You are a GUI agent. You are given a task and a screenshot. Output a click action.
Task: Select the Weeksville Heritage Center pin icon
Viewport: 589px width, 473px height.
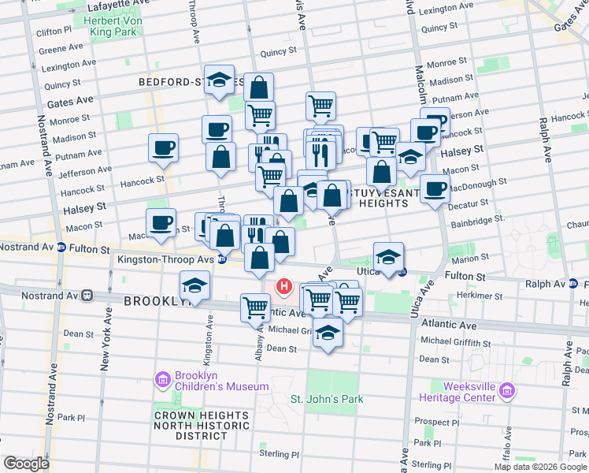pyautogui.click(x=507, y=390)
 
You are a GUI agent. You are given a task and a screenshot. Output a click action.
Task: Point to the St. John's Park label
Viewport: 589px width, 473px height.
pyautogui.click(x=328, y=399)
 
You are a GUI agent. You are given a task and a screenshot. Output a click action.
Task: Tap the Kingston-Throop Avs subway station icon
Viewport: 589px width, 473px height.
pyautogui.click(x=223, y=259)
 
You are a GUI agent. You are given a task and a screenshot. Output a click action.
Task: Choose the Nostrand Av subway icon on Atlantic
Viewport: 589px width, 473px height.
pyautogui.click(x=87, y=295)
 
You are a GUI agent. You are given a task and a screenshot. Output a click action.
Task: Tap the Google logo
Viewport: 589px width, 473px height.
pyautogui.click(x=27, y=463)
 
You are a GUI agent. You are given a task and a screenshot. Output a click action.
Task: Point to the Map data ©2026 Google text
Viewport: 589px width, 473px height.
pyautogui.click(x=539, y=467)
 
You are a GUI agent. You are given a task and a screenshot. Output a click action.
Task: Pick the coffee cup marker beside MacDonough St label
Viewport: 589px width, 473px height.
pyautogui.click(x=435, y=189)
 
